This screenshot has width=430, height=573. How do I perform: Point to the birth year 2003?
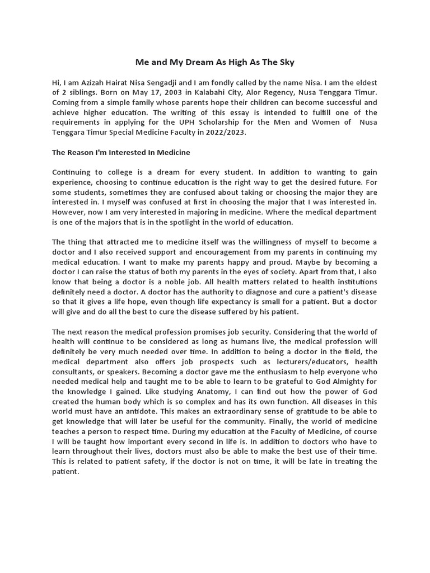pos(170,93)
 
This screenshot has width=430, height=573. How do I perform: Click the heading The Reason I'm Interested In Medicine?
pos(121,152)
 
